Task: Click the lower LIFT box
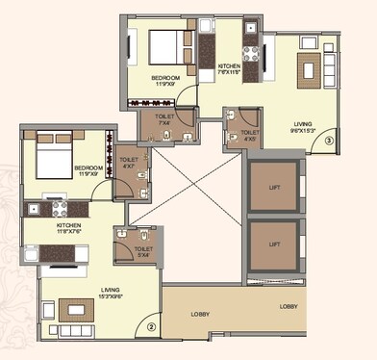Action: click(x=275, y=244)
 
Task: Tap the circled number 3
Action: click(x=329, y=141)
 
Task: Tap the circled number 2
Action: click(x=151, y=326)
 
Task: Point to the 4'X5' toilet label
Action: click(x=250, y=135)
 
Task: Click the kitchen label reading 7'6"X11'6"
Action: click(x=228, y=67)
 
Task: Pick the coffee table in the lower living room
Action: click(x=73, y=310)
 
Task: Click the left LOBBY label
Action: click(x=198, y=313)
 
